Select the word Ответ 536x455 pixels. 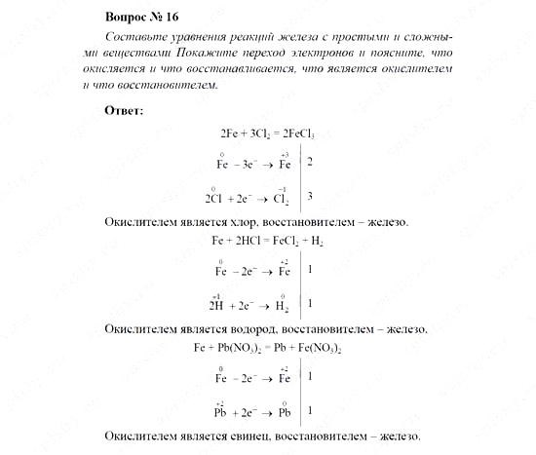click(x=123, y=109)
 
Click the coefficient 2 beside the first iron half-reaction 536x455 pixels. click(x=309, y=161)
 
